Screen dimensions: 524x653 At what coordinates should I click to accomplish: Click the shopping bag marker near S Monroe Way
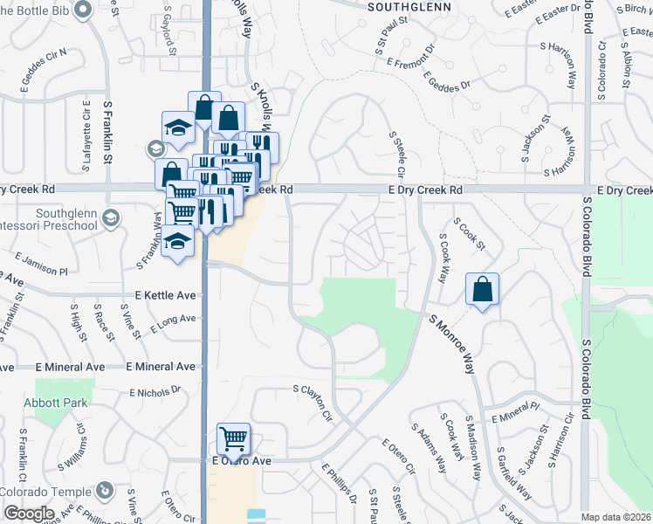click(x=482, y=289)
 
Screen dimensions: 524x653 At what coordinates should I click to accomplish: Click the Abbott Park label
click(x=63, y=403)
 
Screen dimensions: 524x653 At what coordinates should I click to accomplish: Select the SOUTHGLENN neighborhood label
click(x=409, y=6)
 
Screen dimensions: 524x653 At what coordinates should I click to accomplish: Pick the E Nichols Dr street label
click(x=154, y=390)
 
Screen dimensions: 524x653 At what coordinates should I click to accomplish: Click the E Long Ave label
click(x=173, y=324)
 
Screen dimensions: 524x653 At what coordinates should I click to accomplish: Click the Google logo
click(x=29, y=514)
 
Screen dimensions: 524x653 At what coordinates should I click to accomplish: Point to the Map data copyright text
click(x=616, y=517)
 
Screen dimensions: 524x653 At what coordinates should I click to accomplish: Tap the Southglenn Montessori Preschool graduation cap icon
click(x=111, y=218)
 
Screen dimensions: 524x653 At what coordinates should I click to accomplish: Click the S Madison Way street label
click(x=473, y=447)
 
